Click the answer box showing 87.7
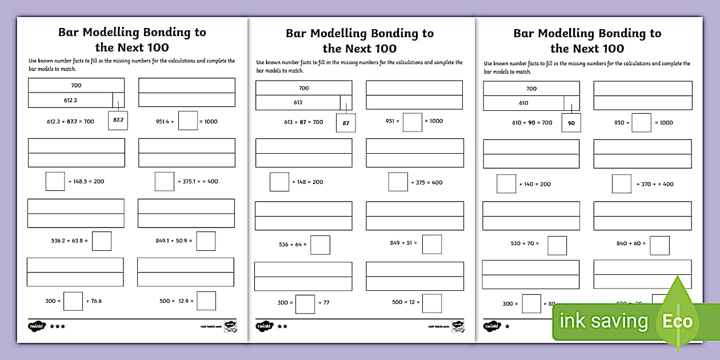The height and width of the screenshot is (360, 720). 118,121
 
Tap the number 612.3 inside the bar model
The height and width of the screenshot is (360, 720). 71,100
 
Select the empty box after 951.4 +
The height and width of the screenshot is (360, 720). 188,121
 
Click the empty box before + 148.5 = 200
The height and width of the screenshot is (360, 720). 55,181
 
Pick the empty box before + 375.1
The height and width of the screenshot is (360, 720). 165,181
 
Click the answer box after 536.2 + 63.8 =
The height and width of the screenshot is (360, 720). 102,241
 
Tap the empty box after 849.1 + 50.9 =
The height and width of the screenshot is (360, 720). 206,241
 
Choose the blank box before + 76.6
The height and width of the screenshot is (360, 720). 73,301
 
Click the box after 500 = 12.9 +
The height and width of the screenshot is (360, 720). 206,301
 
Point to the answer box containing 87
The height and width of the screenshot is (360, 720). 345,122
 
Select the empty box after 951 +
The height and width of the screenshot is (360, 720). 413,122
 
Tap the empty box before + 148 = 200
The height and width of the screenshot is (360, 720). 279,182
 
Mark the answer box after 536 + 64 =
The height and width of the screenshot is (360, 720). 320,245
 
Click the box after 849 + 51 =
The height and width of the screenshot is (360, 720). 432,244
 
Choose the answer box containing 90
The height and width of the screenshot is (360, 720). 571,123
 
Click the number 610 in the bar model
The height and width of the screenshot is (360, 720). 523,103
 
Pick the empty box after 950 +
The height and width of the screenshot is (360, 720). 641,122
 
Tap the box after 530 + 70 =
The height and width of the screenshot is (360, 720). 557,245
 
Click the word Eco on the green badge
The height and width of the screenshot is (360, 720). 677,321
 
